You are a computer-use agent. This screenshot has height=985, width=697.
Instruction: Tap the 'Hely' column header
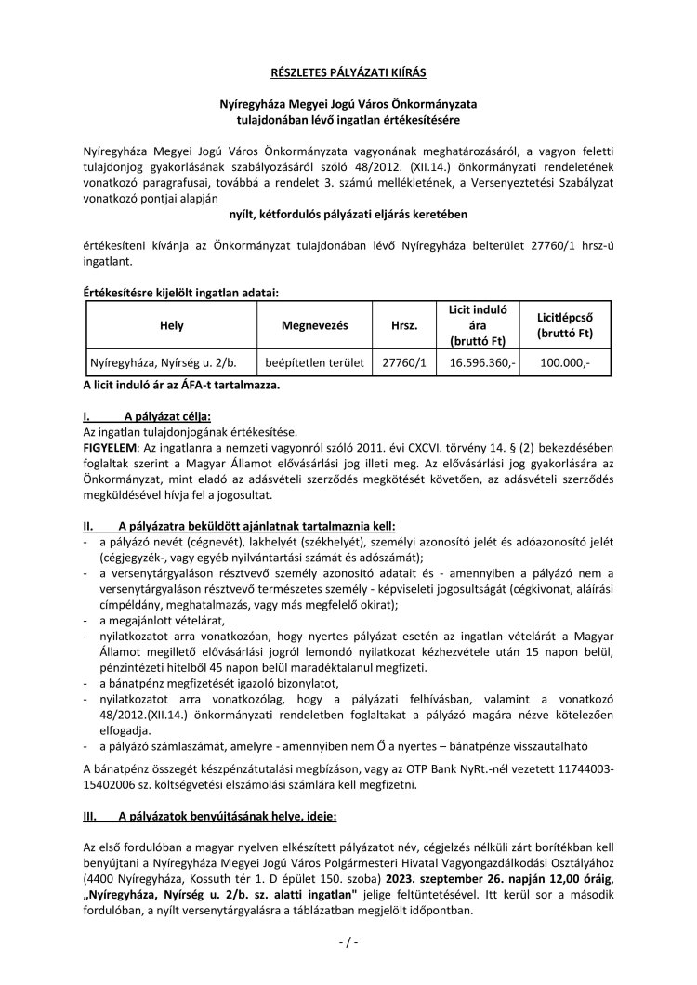172,326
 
